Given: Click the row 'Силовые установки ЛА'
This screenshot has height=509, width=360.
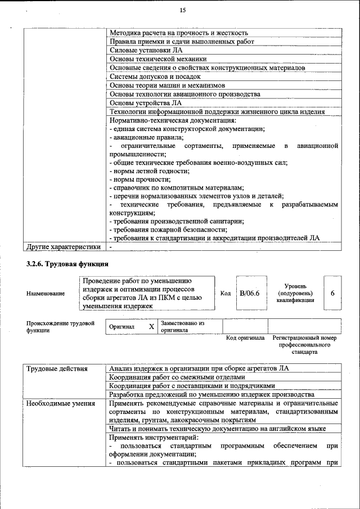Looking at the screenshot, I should click(x=143, y=50).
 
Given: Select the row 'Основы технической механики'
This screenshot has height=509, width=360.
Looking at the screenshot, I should click(x=158, y=58).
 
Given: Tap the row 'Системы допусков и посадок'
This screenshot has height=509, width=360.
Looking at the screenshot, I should click(x=155, y=76).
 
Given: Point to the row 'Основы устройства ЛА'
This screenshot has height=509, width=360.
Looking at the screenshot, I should click(x=146, y=102).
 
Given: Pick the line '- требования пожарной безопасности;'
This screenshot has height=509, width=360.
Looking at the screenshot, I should click(x=168, y=229).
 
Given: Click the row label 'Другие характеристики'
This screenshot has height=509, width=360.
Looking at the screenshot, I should click(x=64, y=246).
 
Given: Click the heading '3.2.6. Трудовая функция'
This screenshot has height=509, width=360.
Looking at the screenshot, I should click(x=67, y=264).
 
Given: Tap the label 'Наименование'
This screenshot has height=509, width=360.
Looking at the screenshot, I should click(x=46, y=294).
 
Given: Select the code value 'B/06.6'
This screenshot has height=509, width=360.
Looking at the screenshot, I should click(x=249, y=293).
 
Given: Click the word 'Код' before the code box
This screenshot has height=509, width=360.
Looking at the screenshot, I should click(x=226, y=294).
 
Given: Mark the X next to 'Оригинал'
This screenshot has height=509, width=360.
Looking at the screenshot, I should click(x=151, y=327).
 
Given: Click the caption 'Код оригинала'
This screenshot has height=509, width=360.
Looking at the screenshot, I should click(x=245, y=338).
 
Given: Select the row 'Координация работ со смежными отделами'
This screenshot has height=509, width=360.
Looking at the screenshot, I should click(x=178, y=377).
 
